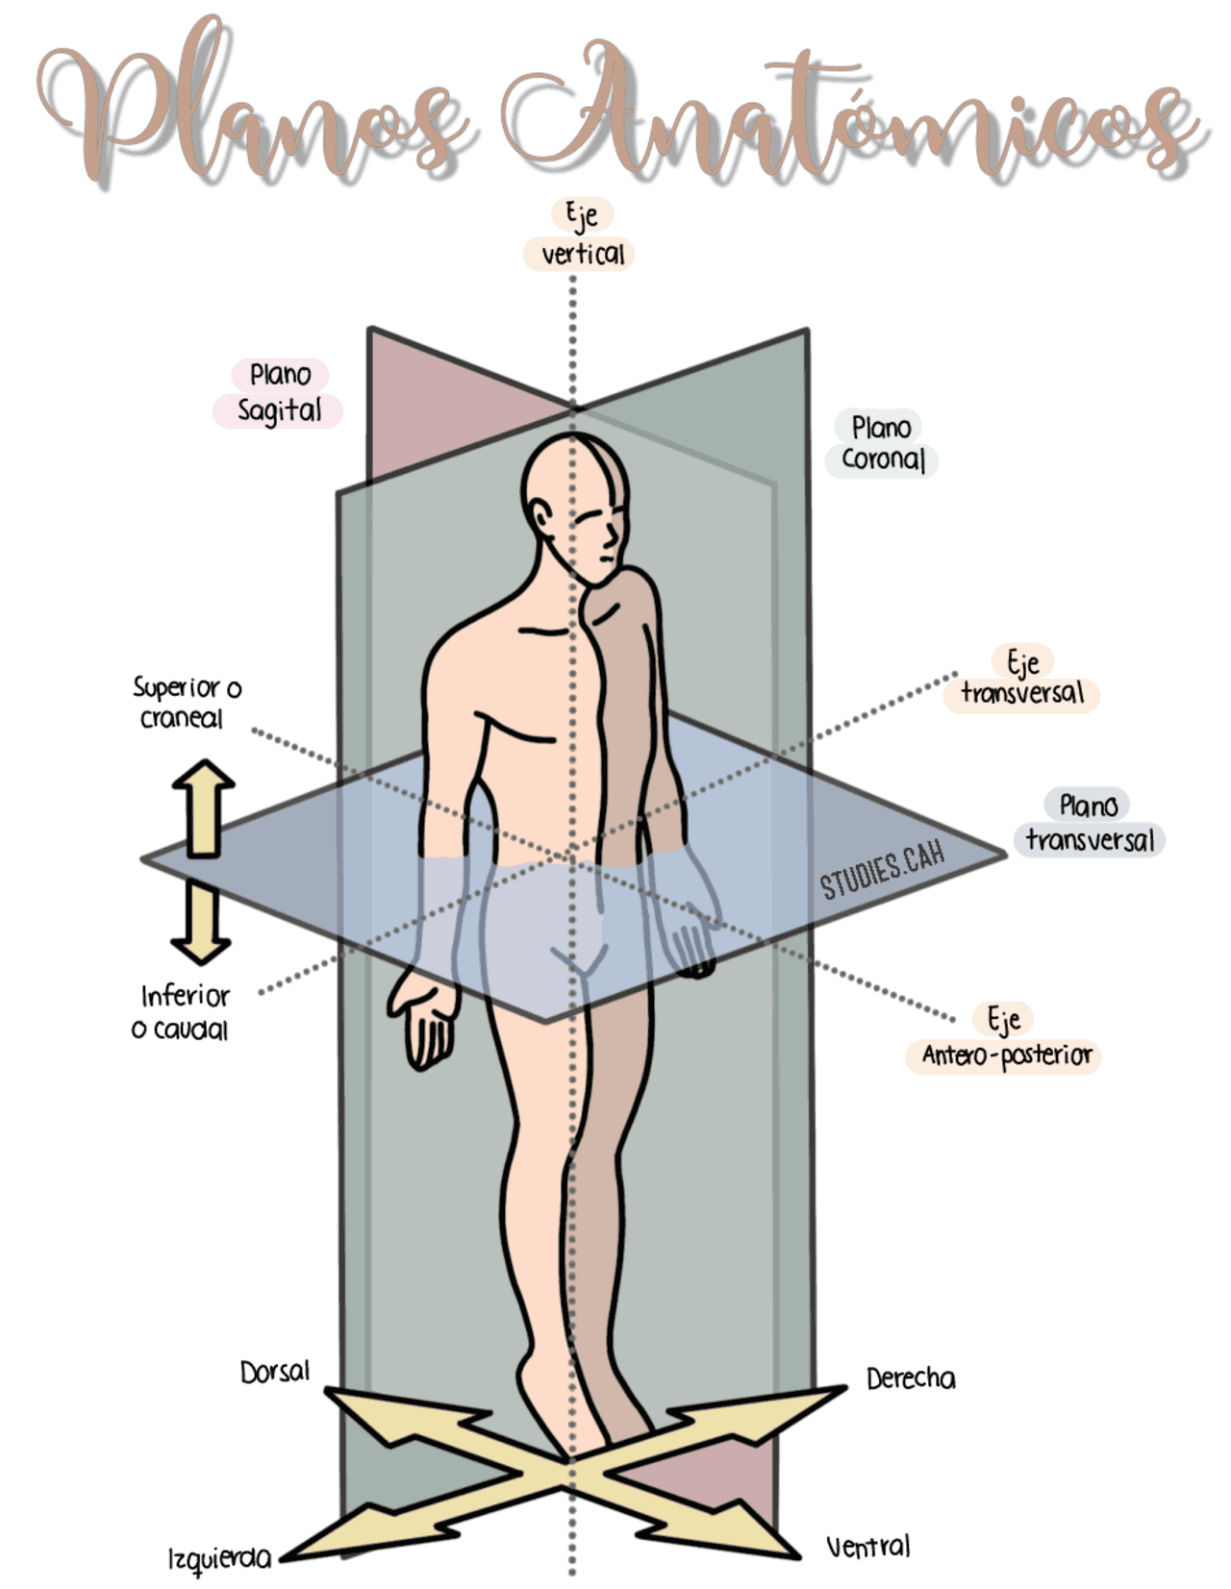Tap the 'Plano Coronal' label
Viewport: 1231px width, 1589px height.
click(881, 443)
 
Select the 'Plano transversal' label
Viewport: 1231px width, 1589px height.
click(1089, 823)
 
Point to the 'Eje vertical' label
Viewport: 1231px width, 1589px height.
click(579, 234)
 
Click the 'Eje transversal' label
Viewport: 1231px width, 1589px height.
click(1021, 679)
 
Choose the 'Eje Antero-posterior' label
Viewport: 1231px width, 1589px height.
click(1004, 1038)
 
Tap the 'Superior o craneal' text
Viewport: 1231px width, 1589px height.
click(187, 703)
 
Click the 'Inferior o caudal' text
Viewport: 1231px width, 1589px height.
click(182, 1013)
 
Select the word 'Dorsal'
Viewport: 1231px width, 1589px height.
click(275, 1373)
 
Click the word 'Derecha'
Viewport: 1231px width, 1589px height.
click(911, 1379)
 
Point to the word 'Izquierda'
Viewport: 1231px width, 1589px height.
click(220, 1559)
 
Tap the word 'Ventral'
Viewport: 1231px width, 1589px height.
click(868, 1546)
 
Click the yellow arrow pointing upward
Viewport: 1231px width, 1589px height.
click(203, 807)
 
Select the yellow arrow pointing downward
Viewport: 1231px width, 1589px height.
click(201, 921)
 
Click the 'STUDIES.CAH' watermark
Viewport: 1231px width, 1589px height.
click(883, 870)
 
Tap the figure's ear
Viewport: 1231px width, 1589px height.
click(542, 517)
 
